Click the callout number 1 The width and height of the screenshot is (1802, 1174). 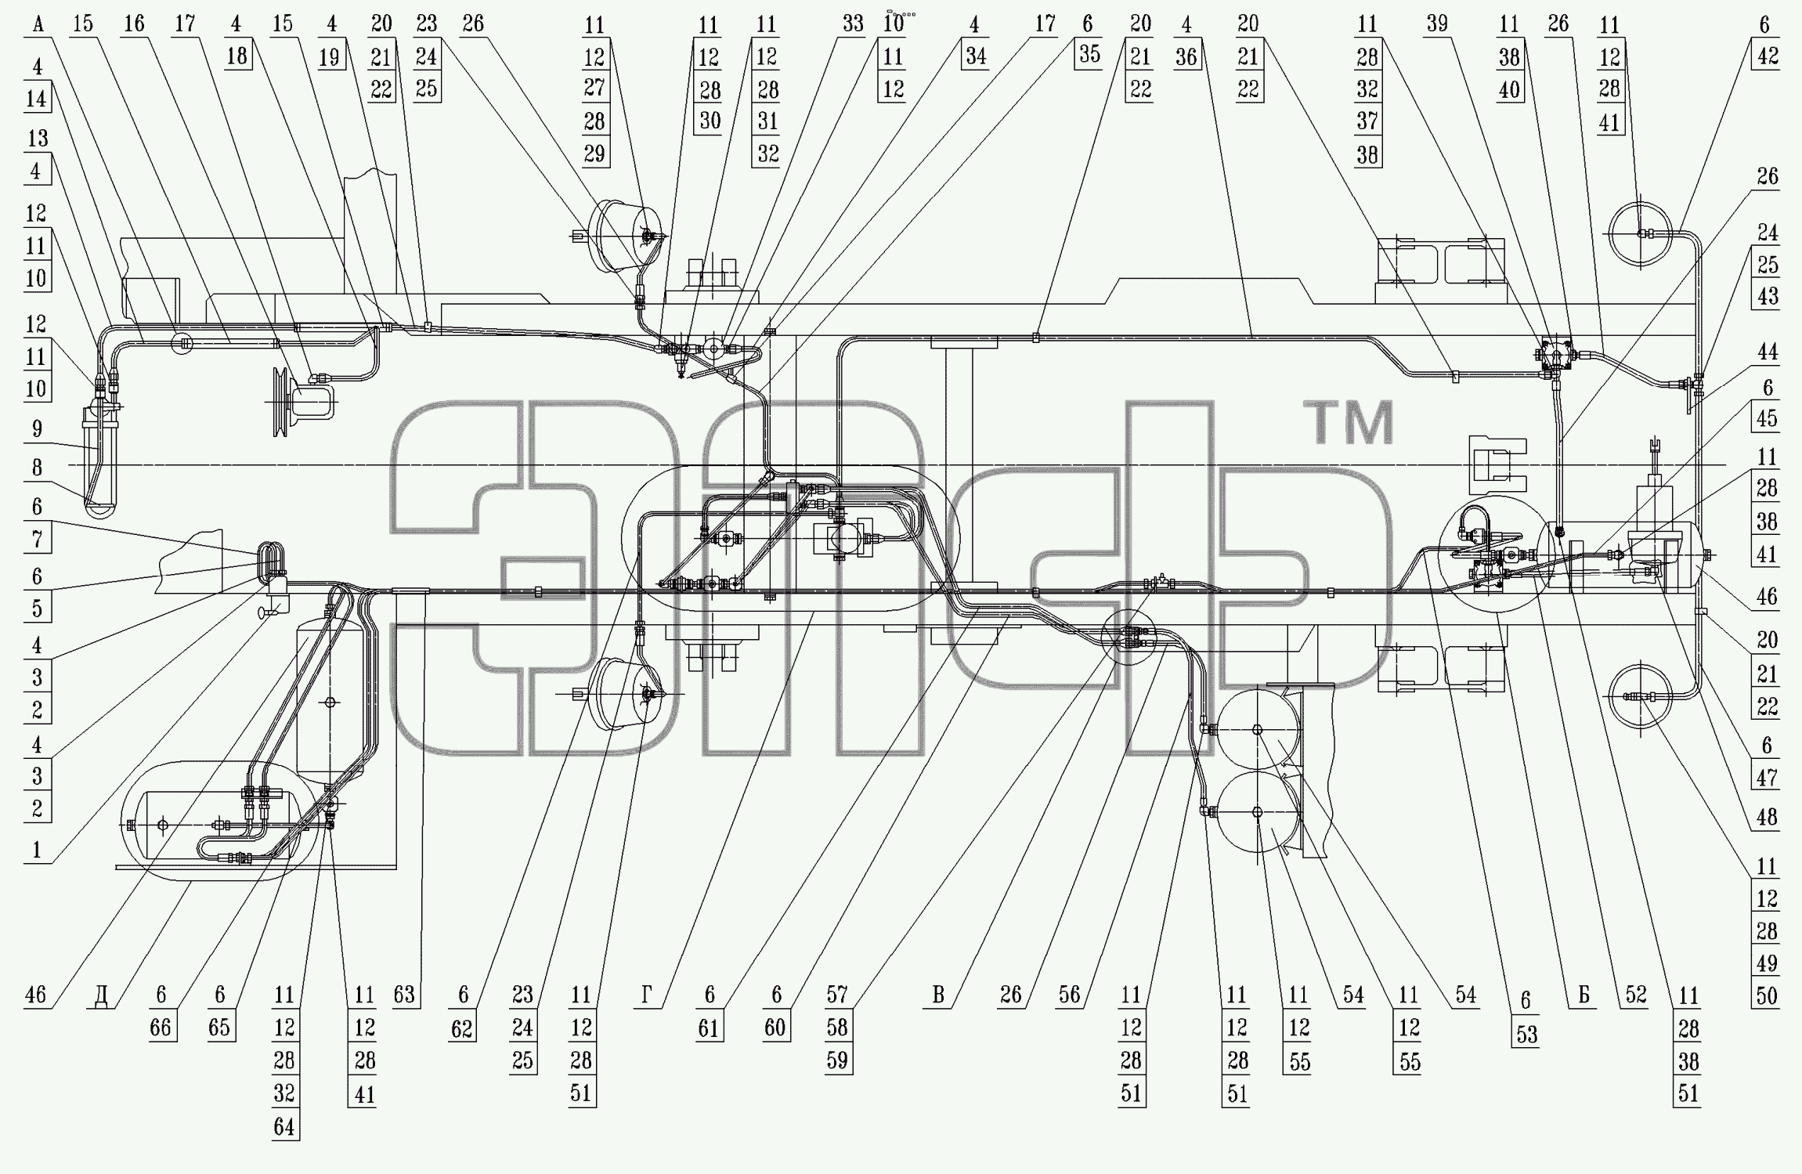click(36, 850)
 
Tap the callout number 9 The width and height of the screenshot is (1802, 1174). click(37, 429)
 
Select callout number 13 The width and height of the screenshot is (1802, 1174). click(38, 139)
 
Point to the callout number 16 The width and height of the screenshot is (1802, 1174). click(135, 23)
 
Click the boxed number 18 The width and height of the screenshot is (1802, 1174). click(237, 56)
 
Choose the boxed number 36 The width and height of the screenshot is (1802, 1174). click(1187, 56)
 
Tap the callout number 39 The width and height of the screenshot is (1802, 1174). click(1436, 23)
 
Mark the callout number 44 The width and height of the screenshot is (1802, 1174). click(1768, 352)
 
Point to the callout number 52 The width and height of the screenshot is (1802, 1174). click(1636, 995)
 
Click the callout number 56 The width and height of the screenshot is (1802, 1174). click(1069, 995)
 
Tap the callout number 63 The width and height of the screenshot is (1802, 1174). click(404, 995)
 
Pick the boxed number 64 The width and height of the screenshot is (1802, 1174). click(284, 1127)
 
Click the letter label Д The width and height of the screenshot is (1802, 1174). click(101, 996)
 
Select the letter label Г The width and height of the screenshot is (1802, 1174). click(646, 995)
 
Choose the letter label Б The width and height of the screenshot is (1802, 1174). click(1583, 995)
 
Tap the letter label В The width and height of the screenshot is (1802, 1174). click(938, 995)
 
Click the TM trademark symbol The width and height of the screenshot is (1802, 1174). click(1349, 422)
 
